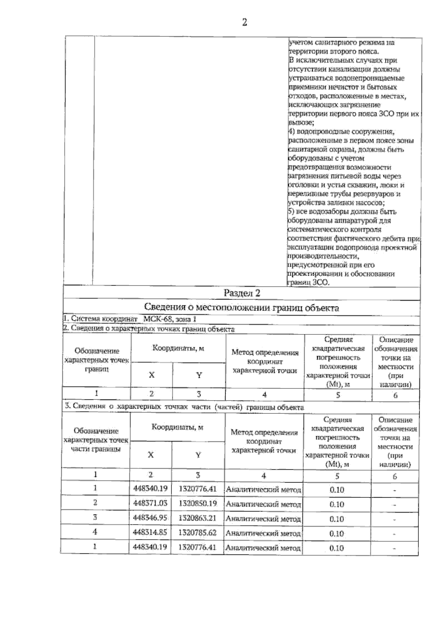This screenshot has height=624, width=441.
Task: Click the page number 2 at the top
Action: [244, 23]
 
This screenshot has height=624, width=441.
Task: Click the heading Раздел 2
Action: [242, 293]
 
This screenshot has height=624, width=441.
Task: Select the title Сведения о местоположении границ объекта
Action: [241, 308]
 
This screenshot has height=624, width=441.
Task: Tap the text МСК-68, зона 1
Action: [169, 319]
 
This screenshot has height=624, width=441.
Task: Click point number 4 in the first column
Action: [95, 532]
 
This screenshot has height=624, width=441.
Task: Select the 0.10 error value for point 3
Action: [336, 519]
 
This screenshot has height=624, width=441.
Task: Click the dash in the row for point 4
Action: [394, 534]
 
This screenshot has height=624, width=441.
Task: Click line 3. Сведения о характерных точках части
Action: [184, 407]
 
